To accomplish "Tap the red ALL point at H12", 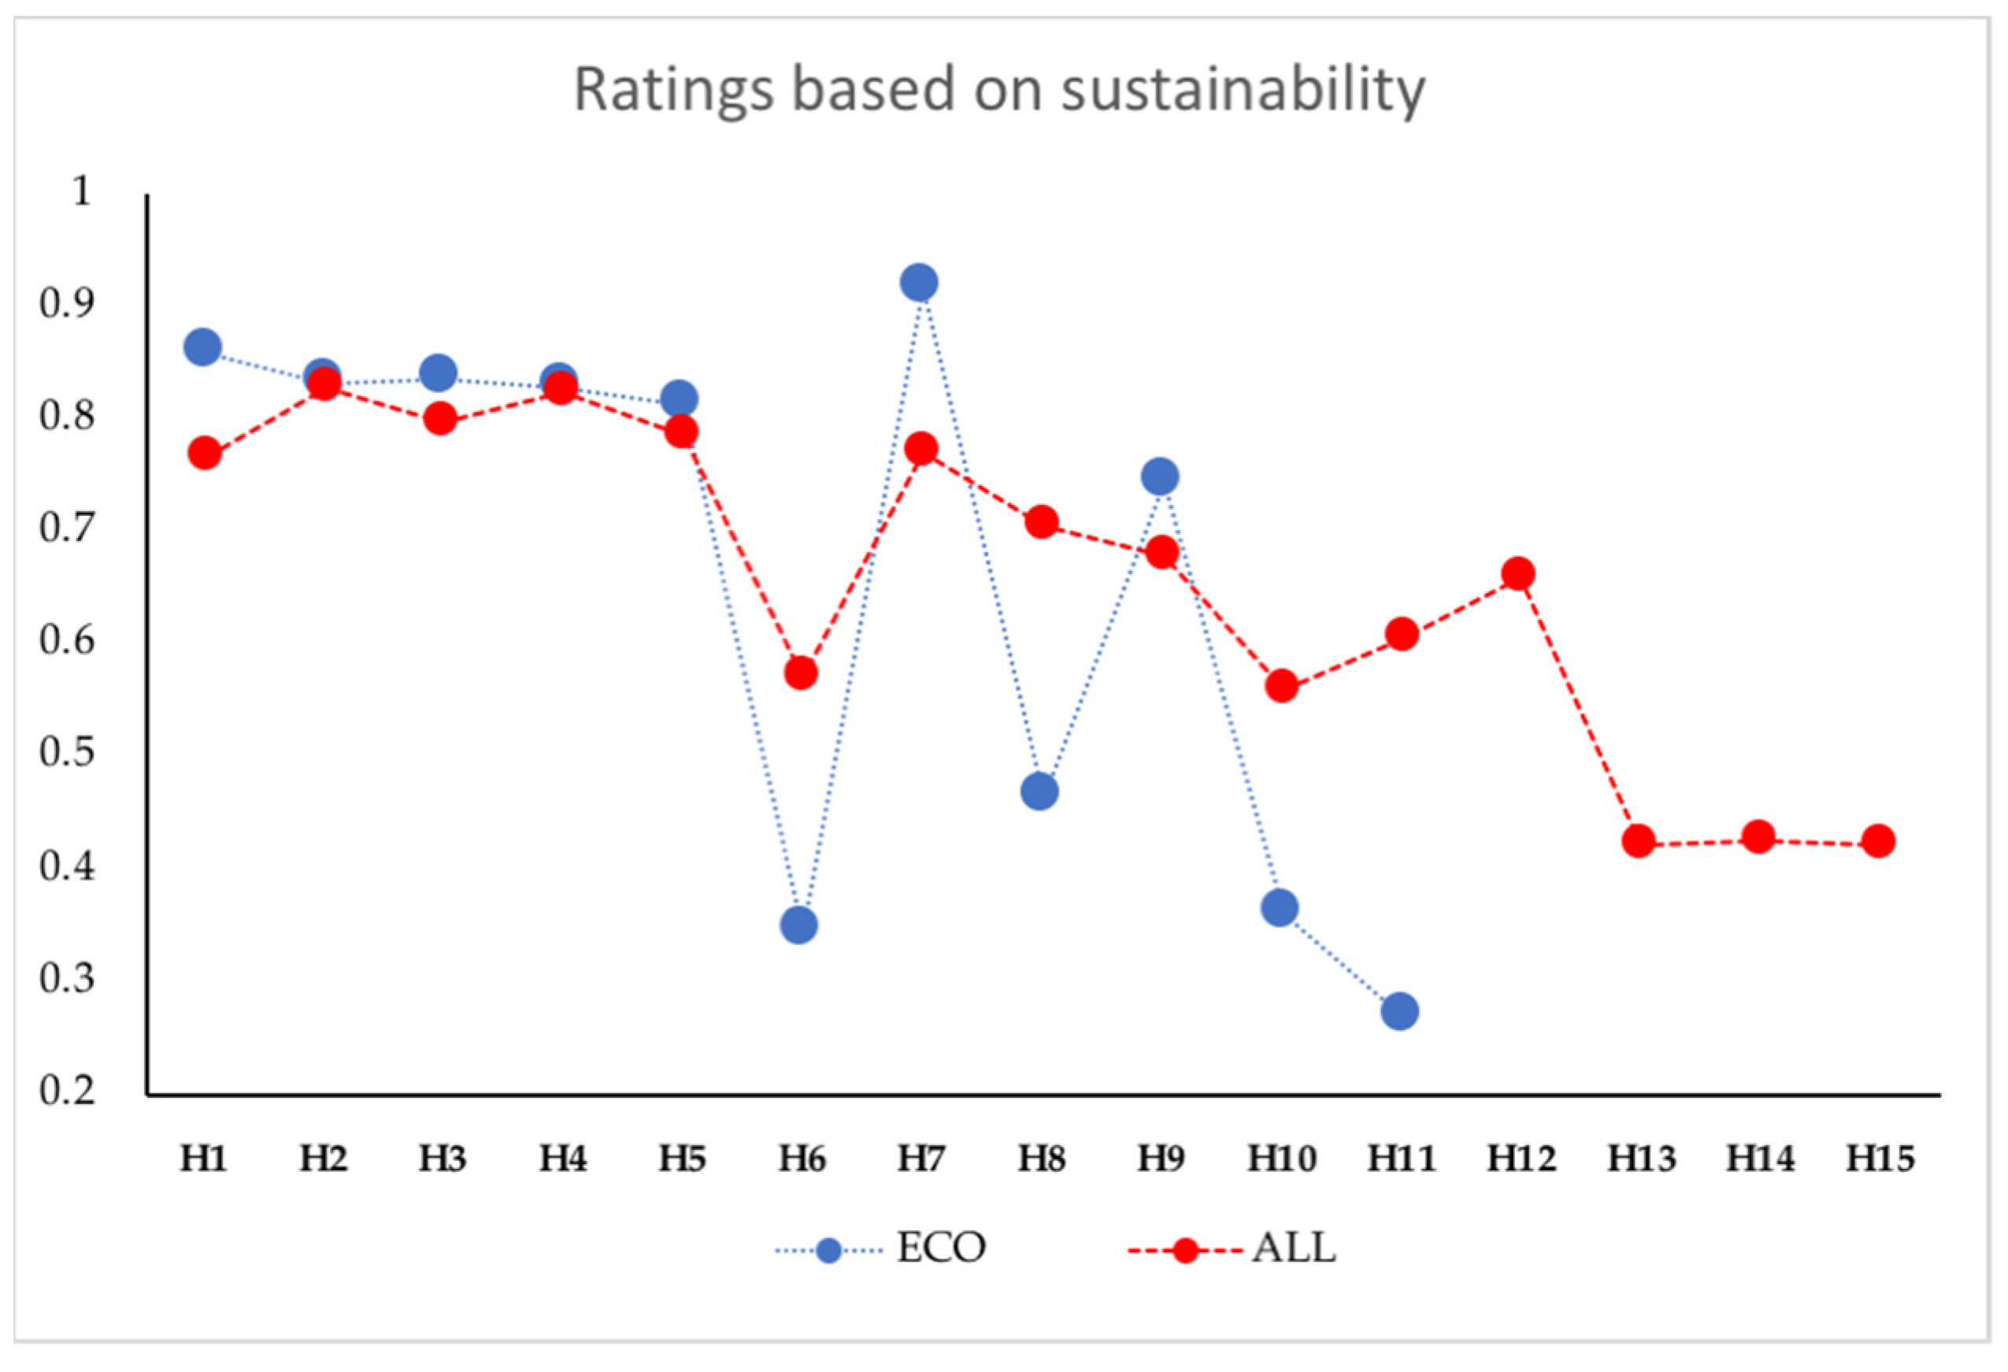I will click(1518, 573).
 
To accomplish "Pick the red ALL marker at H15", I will click(1877, 840).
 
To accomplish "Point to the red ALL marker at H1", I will click(204, 453).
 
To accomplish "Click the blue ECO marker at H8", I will click(1039, 792).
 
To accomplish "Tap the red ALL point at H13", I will click(1638, 840).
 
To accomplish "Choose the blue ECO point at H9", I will click(1160, 476).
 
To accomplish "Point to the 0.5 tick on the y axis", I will click(66, 751).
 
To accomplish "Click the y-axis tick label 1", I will click(81, 191).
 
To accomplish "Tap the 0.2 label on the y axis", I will click(66, 1089).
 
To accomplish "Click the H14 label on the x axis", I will click(1760, 1159).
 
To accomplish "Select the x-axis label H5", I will click(682, 1159).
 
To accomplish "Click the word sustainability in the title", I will click(1243, 91).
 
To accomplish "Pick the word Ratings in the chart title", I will click(673, 91).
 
